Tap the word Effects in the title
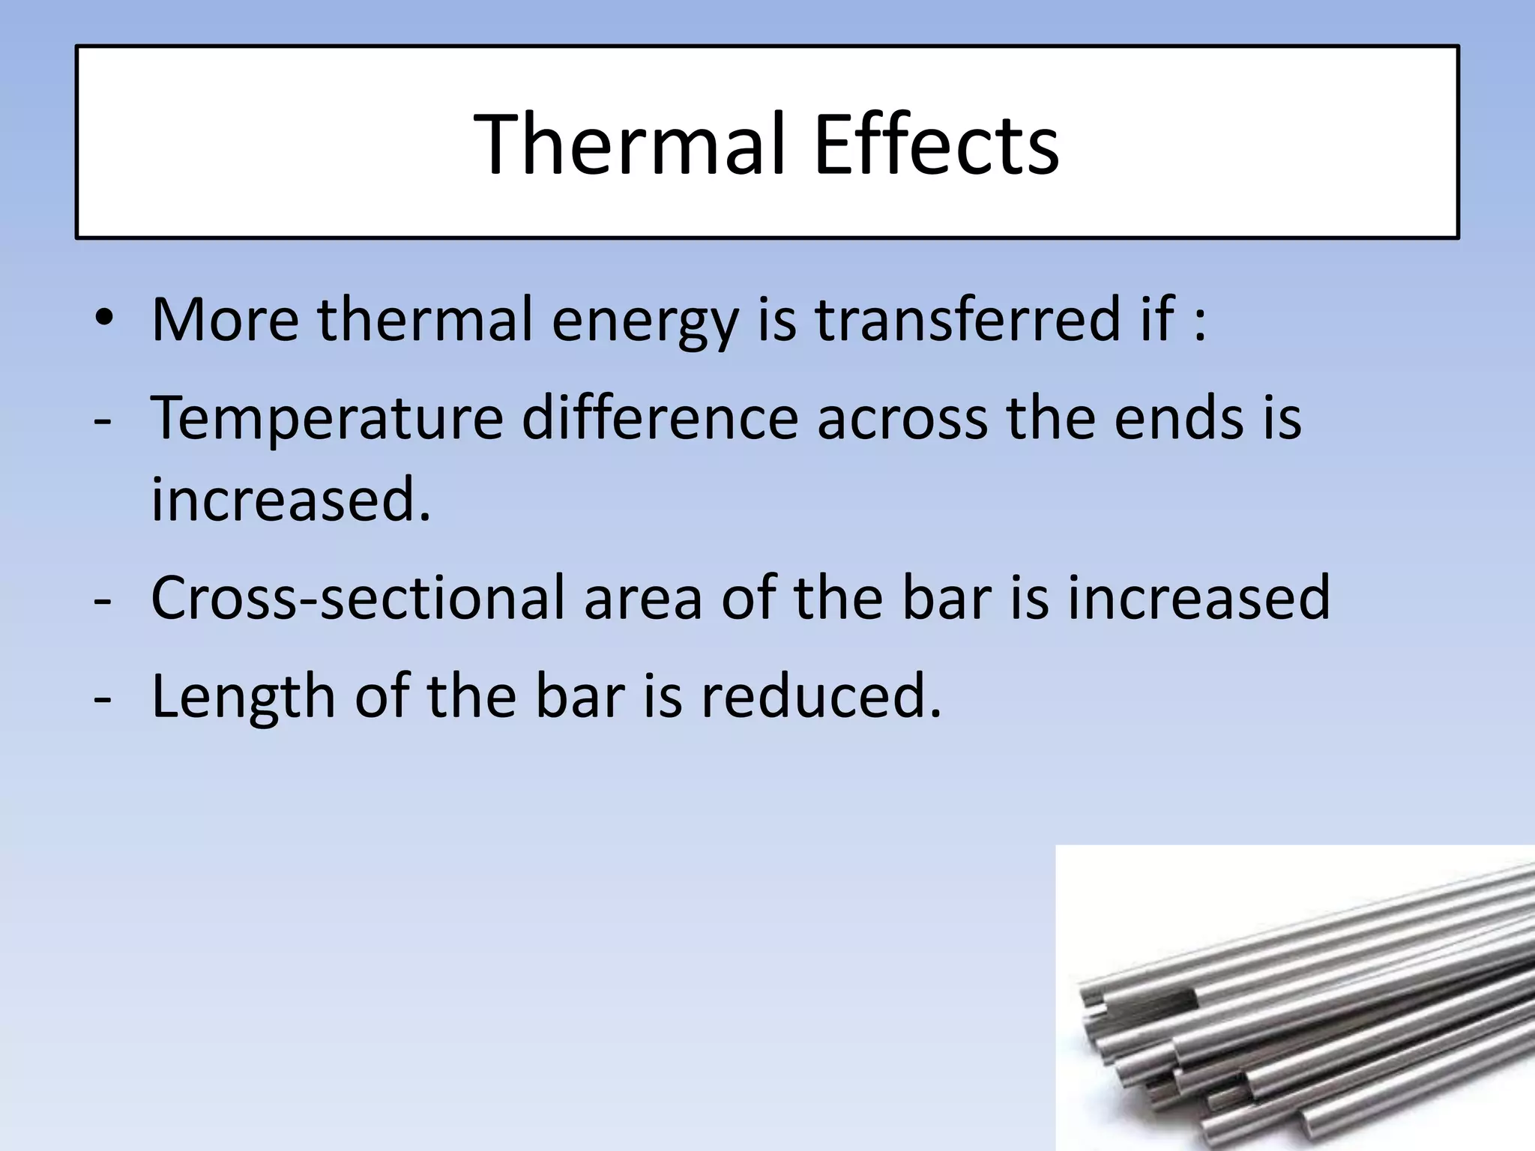935,144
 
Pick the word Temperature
327,418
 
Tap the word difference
660,417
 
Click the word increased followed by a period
291,499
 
